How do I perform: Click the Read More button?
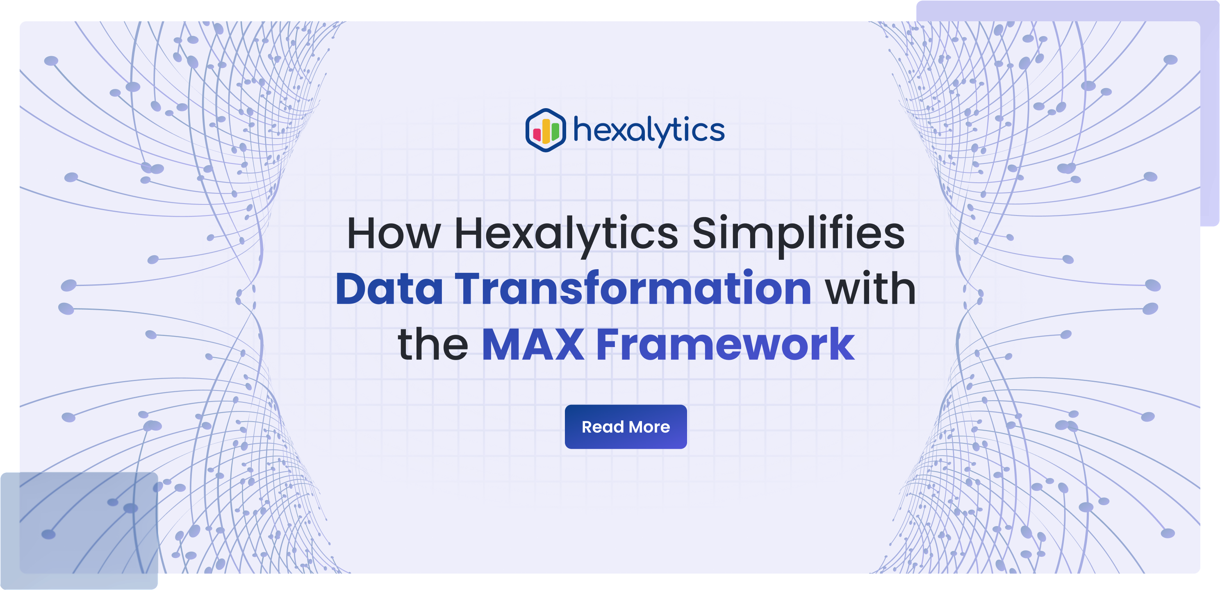click(626, 427)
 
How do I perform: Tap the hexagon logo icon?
click(546, 130)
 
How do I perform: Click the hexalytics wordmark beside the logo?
click(649, 131)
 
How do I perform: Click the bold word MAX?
click(533, 344)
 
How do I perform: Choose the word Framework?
click(726, 344)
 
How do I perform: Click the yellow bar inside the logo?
click(546, 131)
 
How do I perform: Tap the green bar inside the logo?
click(555, 132)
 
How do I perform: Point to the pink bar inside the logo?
click(537, 134)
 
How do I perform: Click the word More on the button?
click(649, 427)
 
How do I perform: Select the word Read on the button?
click(603, 427)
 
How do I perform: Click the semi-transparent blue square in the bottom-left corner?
click(79, 530)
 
